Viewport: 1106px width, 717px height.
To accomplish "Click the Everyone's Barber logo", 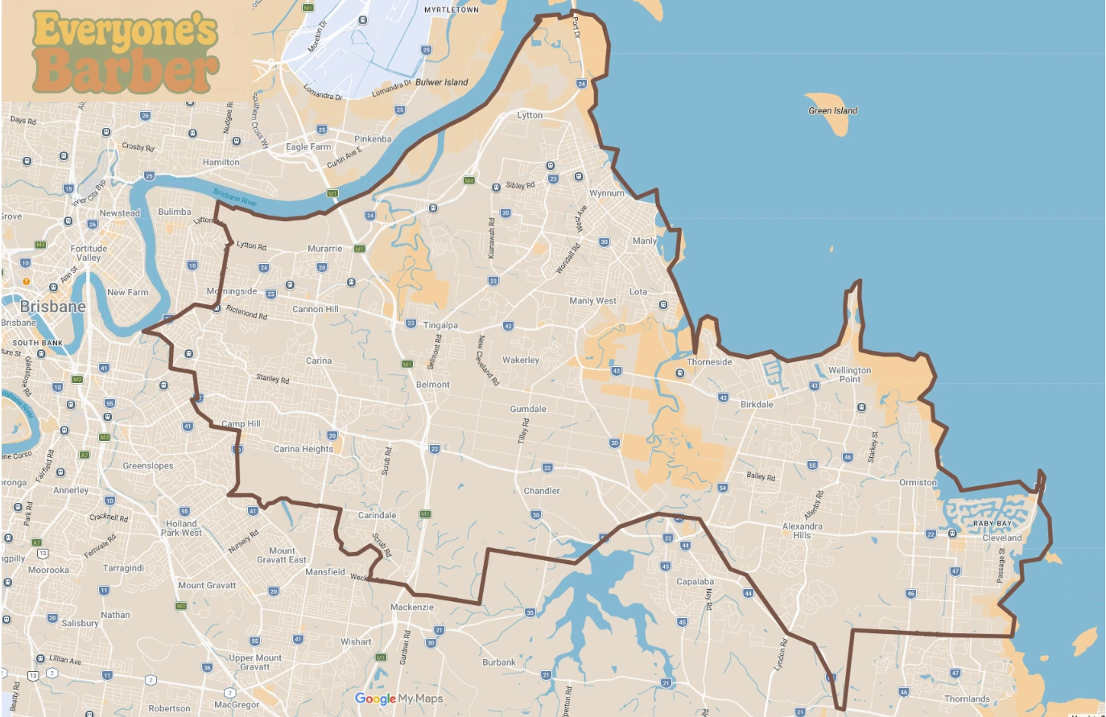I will point(126,52).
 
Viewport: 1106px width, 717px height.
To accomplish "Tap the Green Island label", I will point(832,111).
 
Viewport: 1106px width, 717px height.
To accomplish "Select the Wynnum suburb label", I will point(606,194).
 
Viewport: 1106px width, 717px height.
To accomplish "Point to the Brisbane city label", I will point(53,307).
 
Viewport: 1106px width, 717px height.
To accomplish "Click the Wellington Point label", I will point(849,375).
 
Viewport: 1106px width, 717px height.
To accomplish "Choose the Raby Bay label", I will point(992,524).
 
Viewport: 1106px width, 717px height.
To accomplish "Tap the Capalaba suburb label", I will point(695,582).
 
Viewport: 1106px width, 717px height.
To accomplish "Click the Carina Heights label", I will point(303,449).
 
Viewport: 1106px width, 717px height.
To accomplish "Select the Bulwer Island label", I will point(441,82).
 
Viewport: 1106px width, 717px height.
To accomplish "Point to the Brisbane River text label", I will point(235,197).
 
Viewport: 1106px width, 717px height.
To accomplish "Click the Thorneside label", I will point(709,362).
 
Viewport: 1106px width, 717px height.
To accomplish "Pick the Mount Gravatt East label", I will point(281,555).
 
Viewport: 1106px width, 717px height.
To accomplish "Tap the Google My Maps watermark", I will point(399,698).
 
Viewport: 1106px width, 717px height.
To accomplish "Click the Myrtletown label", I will point(451,10).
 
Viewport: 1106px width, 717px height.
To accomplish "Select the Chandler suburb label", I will point(542,491).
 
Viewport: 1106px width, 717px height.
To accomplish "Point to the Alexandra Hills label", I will point(802,531).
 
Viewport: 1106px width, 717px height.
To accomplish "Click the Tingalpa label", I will point(440,326).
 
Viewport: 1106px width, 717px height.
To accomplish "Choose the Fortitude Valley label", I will point(89,253).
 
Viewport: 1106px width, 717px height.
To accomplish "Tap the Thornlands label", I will point(967,699).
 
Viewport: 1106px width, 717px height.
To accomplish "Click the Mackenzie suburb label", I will point(411,608).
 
